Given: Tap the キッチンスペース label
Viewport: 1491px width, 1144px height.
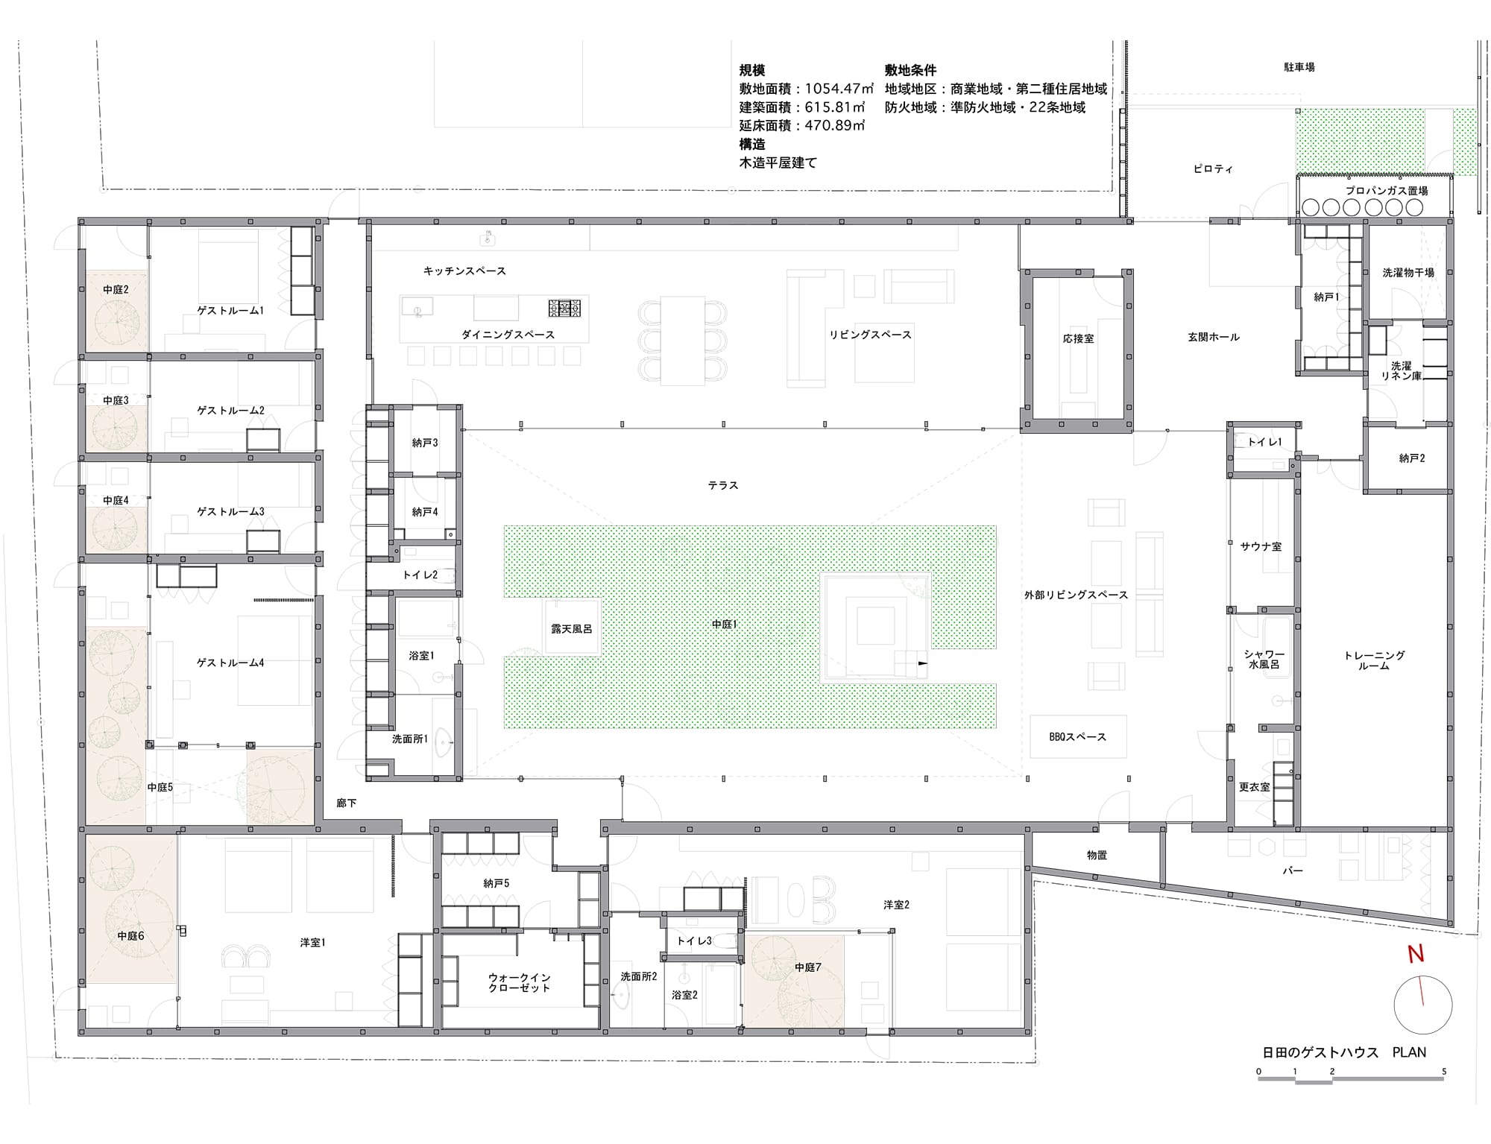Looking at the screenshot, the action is [464, 271].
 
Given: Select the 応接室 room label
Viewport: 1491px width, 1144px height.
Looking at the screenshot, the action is [1078, 338].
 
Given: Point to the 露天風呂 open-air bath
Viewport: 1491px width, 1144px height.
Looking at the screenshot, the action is [571, 628].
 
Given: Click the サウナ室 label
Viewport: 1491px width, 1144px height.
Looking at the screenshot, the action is [1261, 546].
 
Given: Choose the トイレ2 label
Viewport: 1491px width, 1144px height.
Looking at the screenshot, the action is [420, 575].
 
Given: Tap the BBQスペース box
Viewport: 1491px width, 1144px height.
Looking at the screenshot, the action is [1077, 736].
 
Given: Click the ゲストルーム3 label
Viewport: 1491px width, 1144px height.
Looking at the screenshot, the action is [230, 511].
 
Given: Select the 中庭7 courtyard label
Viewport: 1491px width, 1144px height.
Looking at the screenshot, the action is [807, 967].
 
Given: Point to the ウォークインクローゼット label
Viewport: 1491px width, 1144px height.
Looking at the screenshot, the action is [519, 982].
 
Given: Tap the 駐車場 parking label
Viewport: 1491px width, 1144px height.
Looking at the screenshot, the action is [1299, 67].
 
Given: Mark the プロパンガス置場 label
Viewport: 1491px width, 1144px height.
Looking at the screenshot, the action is [1387, 191].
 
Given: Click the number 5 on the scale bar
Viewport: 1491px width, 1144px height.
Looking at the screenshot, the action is [1444, 1072].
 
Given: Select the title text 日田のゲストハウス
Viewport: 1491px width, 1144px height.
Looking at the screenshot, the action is [1320, 1052].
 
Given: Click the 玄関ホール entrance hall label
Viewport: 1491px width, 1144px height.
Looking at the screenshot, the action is [1214, 337].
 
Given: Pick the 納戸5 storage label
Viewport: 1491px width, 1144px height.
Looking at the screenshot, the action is [496, 883].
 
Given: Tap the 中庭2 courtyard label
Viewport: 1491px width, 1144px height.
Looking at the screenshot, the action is [116, 289].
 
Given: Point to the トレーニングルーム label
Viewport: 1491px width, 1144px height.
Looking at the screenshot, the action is [1374, 660].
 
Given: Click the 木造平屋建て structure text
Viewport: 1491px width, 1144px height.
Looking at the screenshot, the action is [778, 162].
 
